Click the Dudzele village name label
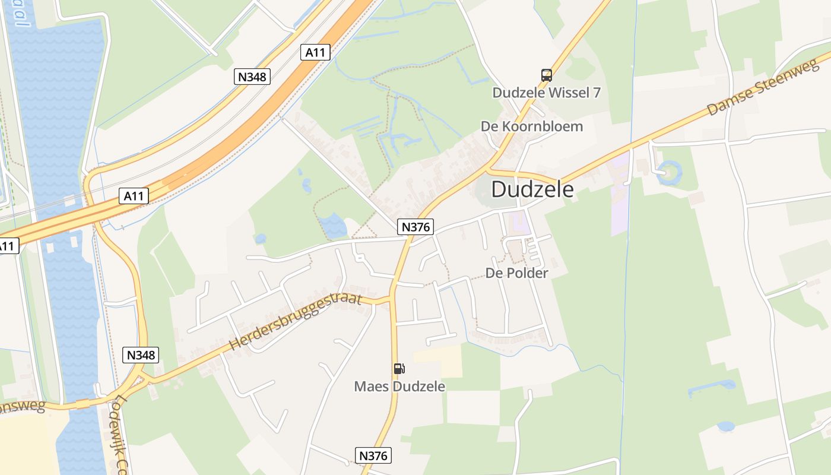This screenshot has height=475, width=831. (x=532, y=189)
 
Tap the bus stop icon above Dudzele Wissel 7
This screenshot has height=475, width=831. (x=546, y=75)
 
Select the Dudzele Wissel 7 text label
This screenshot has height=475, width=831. (x=546, y=93)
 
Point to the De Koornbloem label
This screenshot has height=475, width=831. (x=531, y=126)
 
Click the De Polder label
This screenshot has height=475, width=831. (x=516, y=273)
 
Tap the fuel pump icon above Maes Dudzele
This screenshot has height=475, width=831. (x=399, y=369)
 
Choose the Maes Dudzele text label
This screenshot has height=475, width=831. (x=399, y=386)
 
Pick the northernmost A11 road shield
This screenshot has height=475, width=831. (x=315, y=52)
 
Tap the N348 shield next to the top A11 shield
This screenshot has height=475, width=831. (x=252, y=77)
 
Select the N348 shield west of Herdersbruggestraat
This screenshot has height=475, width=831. (x=141, y=355)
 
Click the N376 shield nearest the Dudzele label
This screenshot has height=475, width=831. (x=416, y=226)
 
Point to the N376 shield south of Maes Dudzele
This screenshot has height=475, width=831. (x=374, y=455)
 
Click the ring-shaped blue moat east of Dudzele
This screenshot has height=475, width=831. (x=670, y=173)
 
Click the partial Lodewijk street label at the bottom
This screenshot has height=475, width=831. (x=121, y=433)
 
